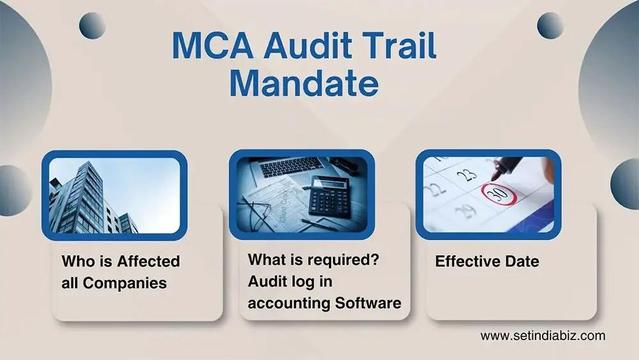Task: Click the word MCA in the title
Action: (x=204, y=46)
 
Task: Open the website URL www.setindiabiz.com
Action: (x=542, y=336)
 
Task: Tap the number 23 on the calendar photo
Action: (x=463, y=174)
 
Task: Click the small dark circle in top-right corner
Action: (x=550, y=22)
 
